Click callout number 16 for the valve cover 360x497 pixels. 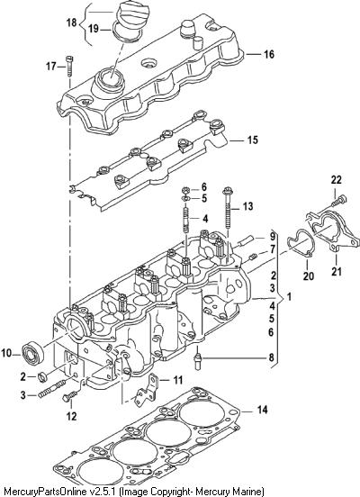point(269,54)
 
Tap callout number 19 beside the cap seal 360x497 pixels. point(94,29)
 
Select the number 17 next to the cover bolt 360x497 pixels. point(51,67)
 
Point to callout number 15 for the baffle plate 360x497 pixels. point(253,140)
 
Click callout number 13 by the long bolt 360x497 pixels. point(247,207)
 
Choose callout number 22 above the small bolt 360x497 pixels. point(337,180)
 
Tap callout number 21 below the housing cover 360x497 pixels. point(337,271)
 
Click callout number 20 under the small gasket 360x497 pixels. point(308,276)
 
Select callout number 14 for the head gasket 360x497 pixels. point(262,410)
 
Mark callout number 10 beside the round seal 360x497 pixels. point(6,353)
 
